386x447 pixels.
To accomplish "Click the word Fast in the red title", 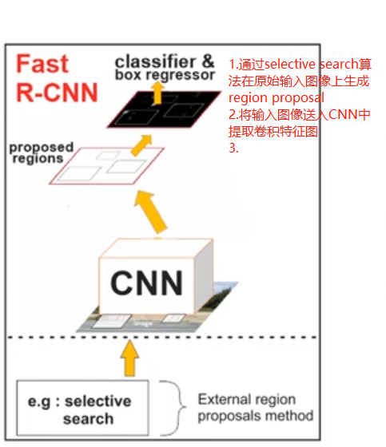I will coord(43,64).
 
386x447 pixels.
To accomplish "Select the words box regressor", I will coord(165,75).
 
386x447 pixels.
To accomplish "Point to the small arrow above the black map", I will coord(158,92).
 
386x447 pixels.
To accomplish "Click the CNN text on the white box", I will coord(146,282).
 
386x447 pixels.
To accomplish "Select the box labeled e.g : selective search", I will coord(86,409).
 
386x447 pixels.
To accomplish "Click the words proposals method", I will coord(256,415).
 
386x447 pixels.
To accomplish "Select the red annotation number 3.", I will coord(234,148).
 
